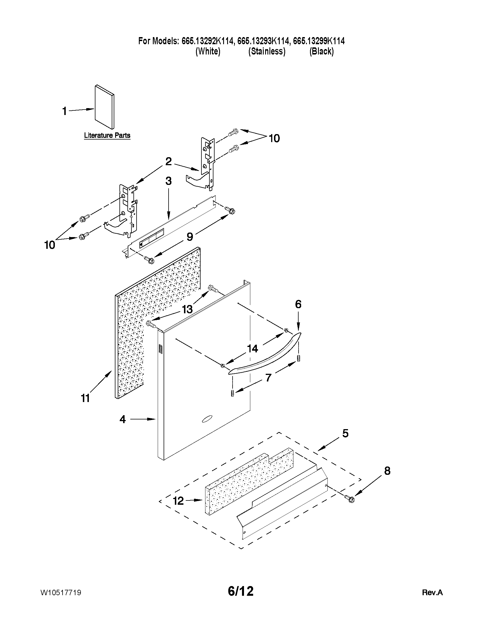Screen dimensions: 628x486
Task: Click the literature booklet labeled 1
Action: tap(104, 107)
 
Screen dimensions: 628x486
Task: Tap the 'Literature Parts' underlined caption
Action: tap(107, 135)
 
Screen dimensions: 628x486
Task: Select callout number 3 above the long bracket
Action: tap(169, 181)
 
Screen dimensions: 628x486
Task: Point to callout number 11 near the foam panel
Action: tap(85, 398)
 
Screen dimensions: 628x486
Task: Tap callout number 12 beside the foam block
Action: tap(178, 501)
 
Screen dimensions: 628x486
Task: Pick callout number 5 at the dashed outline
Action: tap(345, 441)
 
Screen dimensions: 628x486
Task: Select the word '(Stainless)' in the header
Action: tap(267, 51)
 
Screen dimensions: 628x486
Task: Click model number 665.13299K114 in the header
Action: tap(319, 41)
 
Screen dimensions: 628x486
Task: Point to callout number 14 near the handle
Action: tap(252, 349)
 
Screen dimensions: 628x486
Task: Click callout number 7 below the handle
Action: tap(268, 377)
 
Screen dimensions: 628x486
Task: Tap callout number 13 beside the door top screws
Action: tap(187, 309)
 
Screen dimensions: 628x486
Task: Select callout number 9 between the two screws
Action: tap(190, 237)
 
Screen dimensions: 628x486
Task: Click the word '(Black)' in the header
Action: tap(321, 51)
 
